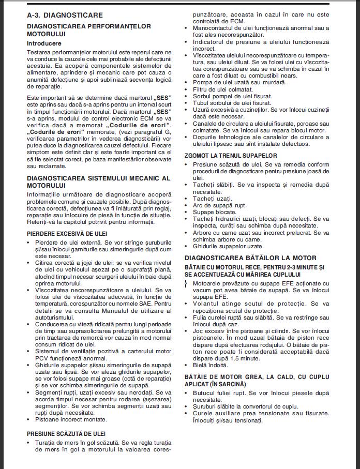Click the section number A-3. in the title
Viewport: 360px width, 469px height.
[35, 16]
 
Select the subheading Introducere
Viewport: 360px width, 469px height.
[44, 43]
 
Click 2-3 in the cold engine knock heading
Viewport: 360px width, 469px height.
[295, 266]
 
